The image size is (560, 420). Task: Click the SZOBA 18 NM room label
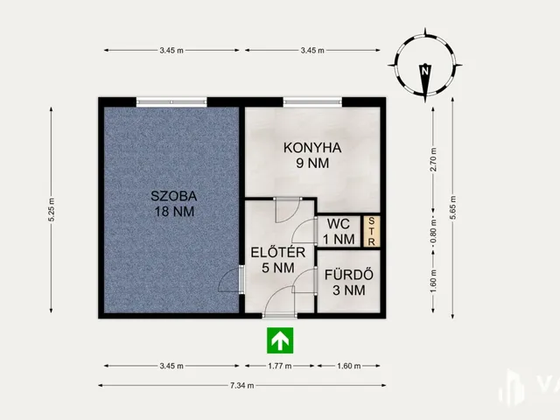(x=174, y=204)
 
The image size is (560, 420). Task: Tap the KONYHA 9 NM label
(x=312, y=156)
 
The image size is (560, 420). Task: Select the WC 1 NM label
(x=339, y=231)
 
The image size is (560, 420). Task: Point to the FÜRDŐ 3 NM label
(x=349, y=282)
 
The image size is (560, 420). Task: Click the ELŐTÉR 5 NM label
(x=278, y=260)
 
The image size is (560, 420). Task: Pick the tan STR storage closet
(x=371, y=231)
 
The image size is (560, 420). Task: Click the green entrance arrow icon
(x=280, y=340)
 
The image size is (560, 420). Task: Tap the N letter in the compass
(x=424, y=71)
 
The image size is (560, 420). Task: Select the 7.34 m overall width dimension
(x=242, y=385)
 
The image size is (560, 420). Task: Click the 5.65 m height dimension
(x=453, y=208)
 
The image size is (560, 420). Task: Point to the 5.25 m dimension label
(x=52, y=210)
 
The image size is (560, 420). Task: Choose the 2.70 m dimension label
(x=433, y=159)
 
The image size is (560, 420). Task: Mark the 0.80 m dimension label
(x=433, y=231)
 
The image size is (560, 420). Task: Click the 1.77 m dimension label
(x=280, y=366)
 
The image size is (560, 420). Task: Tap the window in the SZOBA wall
(x=171, y=102)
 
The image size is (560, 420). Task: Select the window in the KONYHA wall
(x=312, y=102)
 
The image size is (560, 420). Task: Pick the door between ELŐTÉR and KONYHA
(x=288, y=210)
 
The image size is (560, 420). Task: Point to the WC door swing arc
(x=304, y=231)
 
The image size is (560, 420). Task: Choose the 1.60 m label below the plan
(x=349, y=366)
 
